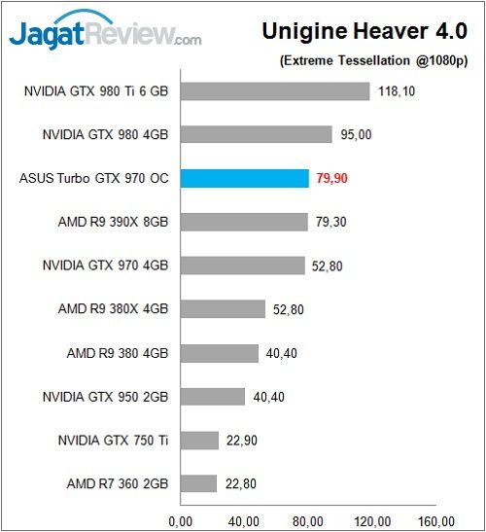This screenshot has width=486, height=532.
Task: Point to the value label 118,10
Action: pos(397,91)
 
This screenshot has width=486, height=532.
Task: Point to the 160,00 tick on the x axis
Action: pos(442,517)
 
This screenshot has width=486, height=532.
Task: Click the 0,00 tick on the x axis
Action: pos(183,517)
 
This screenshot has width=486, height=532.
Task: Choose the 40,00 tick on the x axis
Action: pos(246,517)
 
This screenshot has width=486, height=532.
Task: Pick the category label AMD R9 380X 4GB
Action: pos(113,309)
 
